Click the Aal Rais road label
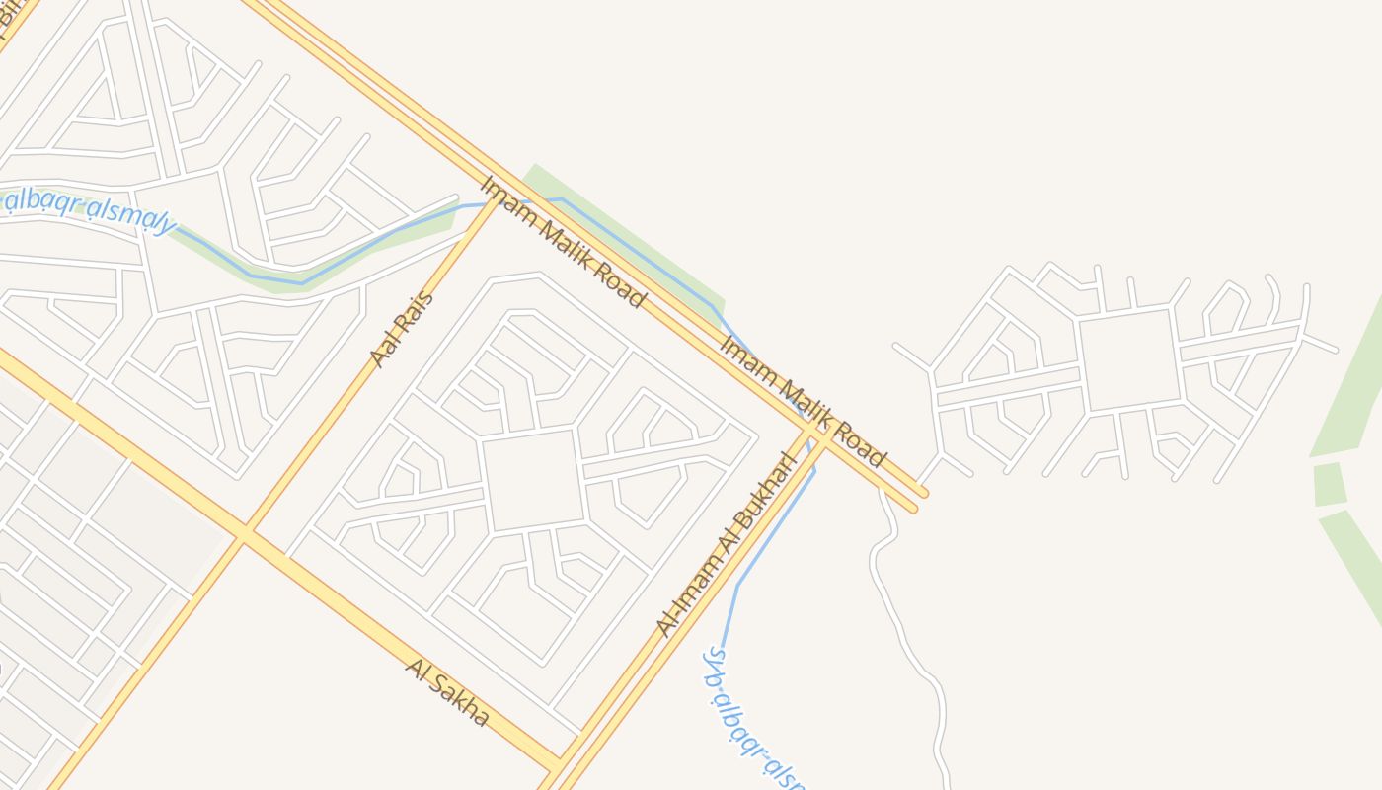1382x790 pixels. (402, 329)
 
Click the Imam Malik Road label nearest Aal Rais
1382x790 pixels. (563, 242)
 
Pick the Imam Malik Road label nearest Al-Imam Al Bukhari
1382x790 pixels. (803, 401)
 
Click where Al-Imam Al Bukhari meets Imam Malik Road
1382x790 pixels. (814, 434)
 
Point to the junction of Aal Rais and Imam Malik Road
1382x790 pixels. (495, 197)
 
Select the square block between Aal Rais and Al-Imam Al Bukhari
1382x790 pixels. (533, 480)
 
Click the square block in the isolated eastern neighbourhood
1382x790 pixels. (1129, 359)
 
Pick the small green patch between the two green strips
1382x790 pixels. (1329, 484)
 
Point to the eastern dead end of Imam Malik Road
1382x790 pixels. (920, 499)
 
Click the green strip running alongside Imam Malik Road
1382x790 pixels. (632, 242)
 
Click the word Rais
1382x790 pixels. (416, 310)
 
